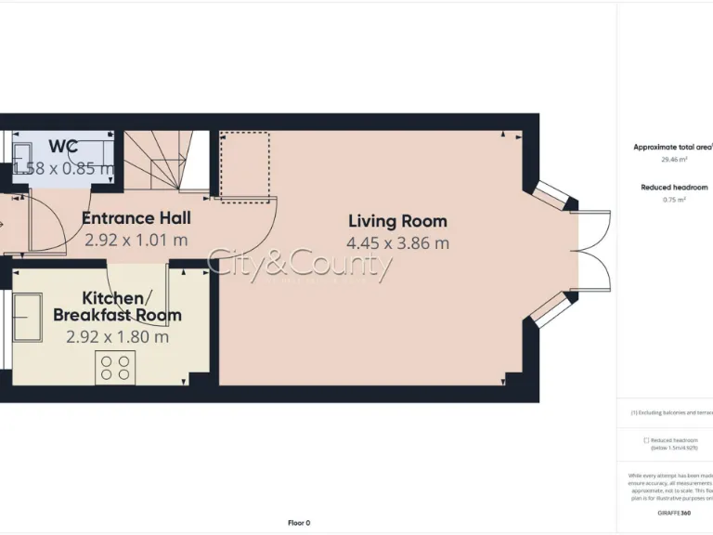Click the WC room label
63,146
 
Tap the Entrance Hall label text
136,218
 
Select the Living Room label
397,221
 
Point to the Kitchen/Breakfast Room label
117,307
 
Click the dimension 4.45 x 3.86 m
397,243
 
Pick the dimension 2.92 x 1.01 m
136,240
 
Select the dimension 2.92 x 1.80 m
117,337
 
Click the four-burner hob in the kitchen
115,368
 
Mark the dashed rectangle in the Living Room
244,164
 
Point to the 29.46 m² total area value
674,160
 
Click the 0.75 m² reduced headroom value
674,200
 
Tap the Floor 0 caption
299,523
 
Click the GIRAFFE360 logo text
673,513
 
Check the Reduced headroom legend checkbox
646,440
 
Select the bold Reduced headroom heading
674,188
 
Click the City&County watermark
299,265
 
